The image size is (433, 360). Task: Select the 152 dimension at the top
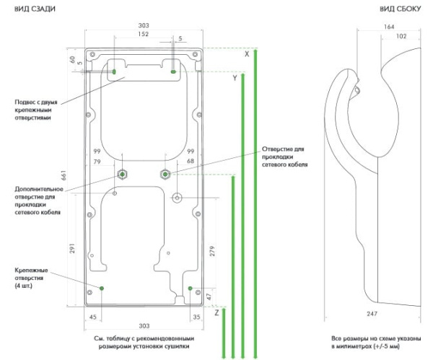point(144,34)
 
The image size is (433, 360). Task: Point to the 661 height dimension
point(64,175)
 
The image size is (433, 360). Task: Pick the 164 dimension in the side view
point(390,27)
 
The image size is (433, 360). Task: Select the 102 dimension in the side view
point(401,36)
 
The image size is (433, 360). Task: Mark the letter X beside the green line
point(246,54)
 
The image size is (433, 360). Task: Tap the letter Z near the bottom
point(216,312)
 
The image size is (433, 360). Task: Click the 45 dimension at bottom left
point(93,317)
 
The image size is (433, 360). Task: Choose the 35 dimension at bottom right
point(196,317)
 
